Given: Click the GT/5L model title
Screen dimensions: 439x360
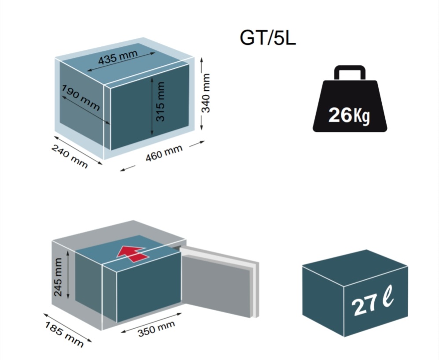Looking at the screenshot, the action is (x=268, y=37).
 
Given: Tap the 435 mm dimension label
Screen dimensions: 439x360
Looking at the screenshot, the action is (x=118, y=57).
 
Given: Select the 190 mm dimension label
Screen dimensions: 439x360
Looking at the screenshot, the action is (x=80, y=97).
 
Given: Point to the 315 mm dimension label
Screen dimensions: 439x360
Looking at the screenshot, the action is (x=160, y=101).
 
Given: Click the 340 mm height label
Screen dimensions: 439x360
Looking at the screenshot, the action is (x=206, y=93).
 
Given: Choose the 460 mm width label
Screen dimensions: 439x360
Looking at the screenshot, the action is (x=164, y=153).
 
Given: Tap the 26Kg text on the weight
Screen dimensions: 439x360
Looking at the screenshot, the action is (x=349, y=115).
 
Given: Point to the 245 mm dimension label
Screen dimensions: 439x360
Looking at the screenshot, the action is (x=58, y=277).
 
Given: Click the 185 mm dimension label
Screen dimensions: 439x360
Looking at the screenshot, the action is (x=64, y=334).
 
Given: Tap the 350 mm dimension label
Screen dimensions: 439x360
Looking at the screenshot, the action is (x=156, y=329).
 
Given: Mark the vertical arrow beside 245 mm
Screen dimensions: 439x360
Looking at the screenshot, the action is (x=68, y=275).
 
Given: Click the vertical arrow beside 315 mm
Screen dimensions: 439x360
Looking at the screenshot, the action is (x=152, y=106).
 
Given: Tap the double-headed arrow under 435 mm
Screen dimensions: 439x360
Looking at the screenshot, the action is (x=121, y=62).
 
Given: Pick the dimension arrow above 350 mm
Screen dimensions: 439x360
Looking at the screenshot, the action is (x=151, y=323).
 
